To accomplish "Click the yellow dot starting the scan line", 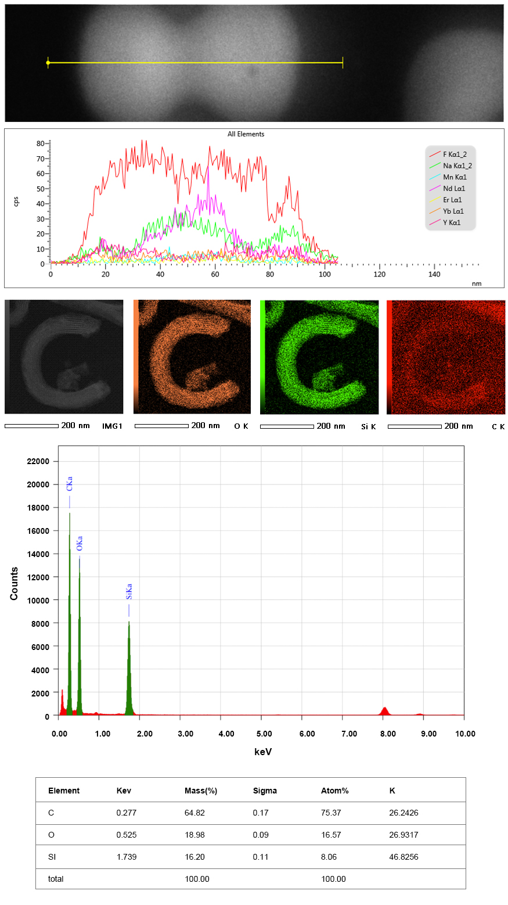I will pos(48,63).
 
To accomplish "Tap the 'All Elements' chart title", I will pos(246,134).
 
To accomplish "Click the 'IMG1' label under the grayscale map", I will pos(112,426).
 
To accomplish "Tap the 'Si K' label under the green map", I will pos(369,426).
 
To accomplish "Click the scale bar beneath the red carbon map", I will pos(414,426).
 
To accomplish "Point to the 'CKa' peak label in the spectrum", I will pos(70,484).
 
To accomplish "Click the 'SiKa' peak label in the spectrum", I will pos(129,591).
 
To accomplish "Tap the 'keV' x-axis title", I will pos(262,752).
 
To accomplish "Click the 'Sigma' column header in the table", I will pos(265,791).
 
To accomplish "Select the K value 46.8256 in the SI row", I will pos(403,857).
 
